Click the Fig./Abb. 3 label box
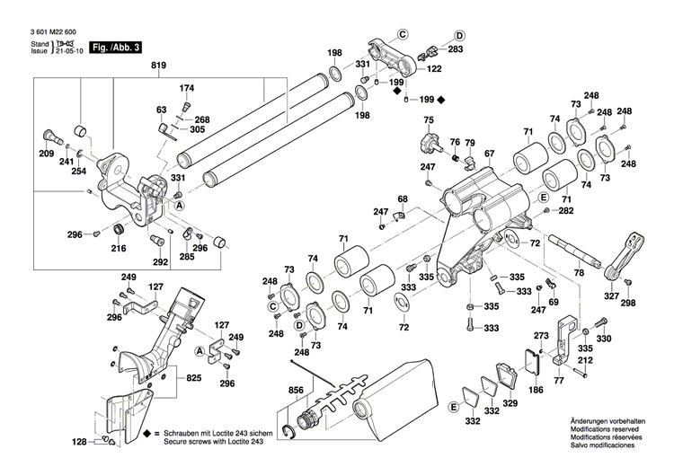click(118, 46)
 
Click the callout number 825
click(193, 379)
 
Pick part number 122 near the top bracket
click(433, 69)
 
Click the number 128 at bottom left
click(80, 442)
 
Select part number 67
click(489, 154)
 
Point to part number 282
click(565, 210)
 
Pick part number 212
click(585, 362)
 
